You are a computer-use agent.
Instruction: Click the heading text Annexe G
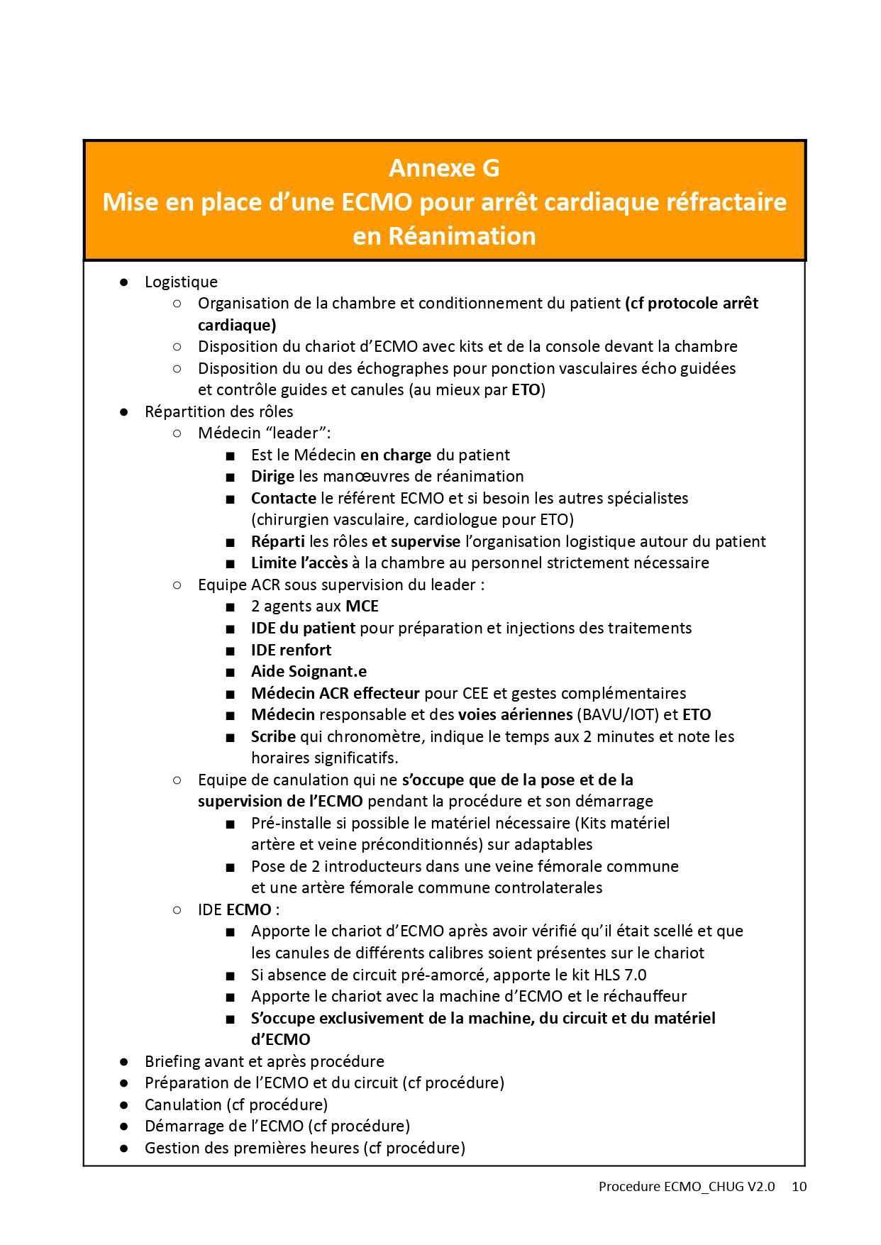point(444,169)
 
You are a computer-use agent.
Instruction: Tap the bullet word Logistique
point(181,282)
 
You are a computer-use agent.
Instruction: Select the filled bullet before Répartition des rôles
point(124,411)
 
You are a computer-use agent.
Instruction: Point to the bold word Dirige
point(272,477)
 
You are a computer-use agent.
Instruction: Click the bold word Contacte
point(283,499)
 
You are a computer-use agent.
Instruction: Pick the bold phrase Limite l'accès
point(299,563)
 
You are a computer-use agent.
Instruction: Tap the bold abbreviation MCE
point(362,607)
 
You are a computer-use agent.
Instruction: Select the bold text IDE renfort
point(291,650)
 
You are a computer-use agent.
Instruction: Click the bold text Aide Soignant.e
point(309,672)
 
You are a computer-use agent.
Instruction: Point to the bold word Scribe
point(273,736)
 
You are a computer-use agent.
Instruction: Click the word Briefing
point(172,1061)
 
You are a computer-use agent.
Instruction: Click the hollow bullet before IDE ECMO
point(177,910)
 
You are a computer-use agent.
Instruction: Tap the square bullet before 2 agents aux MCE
point(230,607)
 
